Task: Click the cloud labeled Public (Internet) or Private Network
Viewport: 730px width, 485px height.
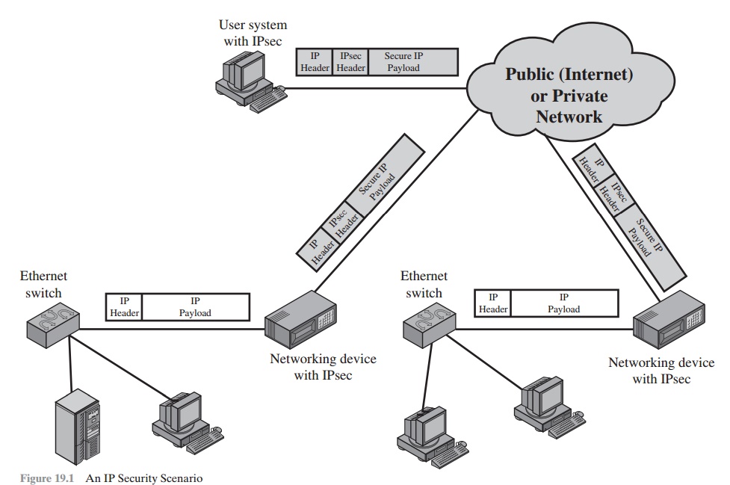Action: [556, 95]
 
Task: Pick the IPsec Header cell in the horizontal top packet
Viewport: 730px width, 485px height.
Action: [350, 62]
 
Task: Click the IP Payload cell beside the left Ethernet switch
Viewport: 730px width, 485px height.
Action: [195, 307]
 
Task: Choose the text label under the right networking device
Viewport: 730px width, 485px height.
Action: [651, 371]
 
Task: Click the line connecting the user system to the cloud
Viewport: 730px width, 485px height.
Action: [374, 88]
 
